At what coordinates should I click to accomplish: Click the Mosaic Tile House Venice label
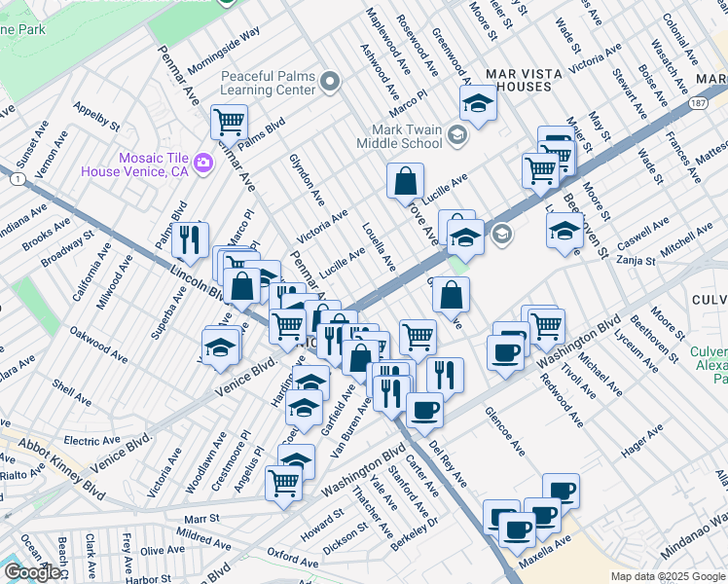tap(153, 164)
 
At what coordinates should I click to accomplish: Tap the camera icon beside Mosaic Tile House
tap(203, 163)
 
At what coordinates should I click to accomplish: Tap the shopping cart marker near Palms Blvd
tap(229, 122)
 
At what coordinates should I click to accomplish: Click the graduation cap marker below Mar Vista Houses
tap(478, 101)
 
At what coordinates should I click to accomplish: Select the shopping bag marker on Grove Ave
tap(405, 181)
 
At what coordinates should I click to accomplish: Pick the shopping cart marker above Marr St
tap(283, 481)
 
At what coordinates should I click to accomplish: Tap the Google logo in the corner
tap(32, 572)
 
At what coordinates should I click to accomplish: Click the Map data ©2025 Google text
tap(667, 576)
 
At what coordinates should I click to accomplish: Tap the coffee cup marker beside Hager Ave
tap(560, 491)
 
